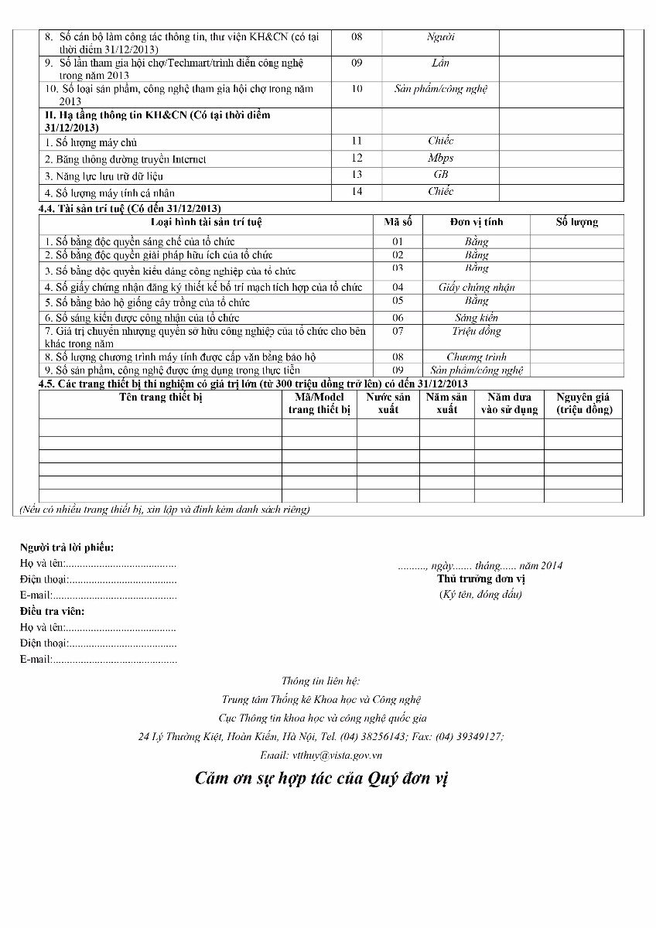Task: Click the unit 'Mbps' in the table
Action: click(440, 158)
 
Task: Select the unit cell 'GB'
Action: click(440, 175)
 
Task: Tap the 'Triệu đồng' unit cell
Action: click(477, 331)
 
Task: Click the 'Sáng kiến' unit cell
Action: click(477, 317)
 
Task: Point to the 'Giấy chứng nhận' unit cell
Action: click(477, 287)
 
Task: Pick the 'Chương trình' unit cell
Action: click(477, 357)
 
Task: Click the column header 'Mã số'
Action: click(398, 222)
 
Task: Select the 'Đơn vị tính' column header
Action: click(477, 222)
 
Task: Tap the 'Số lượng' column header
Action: click(576, 222)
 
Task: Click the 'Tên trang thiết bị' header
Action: click(160, 397)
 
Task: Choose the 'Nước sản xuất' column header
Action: click(388, 403)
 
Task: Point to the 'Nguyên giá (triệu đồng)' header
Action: click(584, 403)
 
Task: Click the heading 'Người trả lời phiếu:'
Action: click(67, 548)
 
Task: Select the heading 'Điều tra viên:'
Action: click(53, 612)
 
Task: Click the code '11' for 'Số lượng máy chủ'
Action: click(357, 141)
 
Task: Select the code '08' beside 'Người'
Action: click(357, 36)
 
